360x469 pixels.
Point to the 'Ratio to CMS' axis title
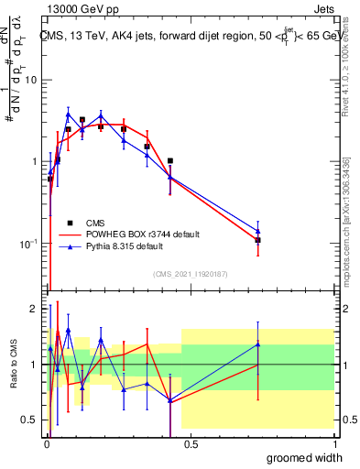(x=12, y=365)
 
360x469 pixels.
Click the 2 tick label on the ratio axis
(x=32, y=309)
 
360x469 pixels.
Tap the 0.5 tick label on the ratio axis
(x=27, y=420)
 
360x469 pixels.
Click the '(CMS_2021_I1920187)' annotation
(x=191, y=272)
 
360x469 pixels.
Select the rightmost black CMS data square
(x=258, y=240)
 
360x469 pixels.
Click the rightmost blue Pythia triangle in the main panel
(x=258, y=231)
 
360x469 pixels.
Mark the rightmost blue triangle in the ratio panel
(x=258, y=344)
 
